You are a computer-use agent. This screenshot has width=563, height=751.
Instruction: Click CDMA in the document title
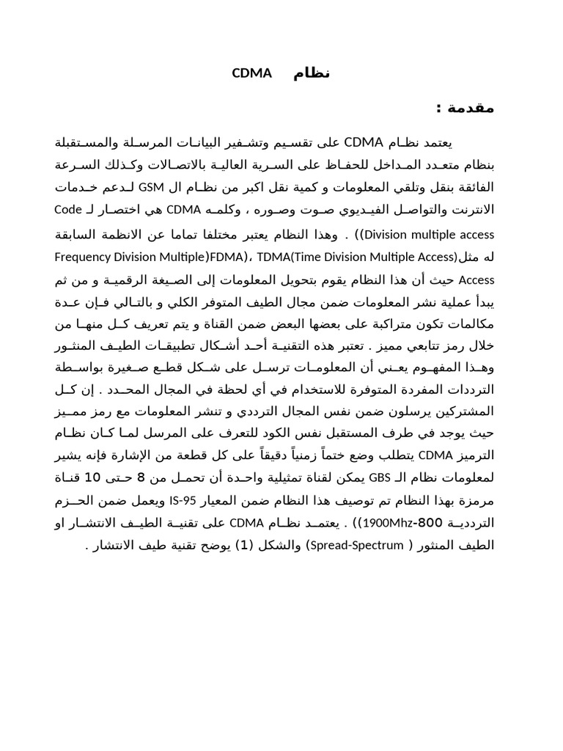[251, 73]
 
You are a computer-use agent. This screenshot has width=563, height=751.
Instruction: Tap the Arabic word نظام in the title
[312, 73]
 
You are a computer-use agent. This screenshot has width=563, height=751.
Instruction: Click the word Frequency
[81, 257]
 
